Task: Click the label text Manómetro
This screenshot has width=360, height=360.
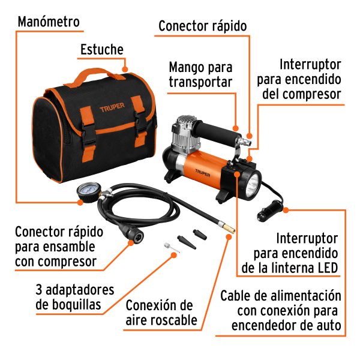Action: pos(49,22)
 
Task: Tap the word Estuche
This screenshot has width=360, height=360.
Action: pos(102,50)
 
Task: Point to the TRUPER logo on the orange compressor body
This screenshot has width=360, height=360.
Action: pos(203,170)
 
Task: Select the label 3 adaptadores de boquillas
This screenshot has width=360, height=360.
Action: pos(74,298)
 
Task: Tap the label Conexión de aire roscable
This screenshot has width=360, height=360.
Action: pos(161,312)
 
